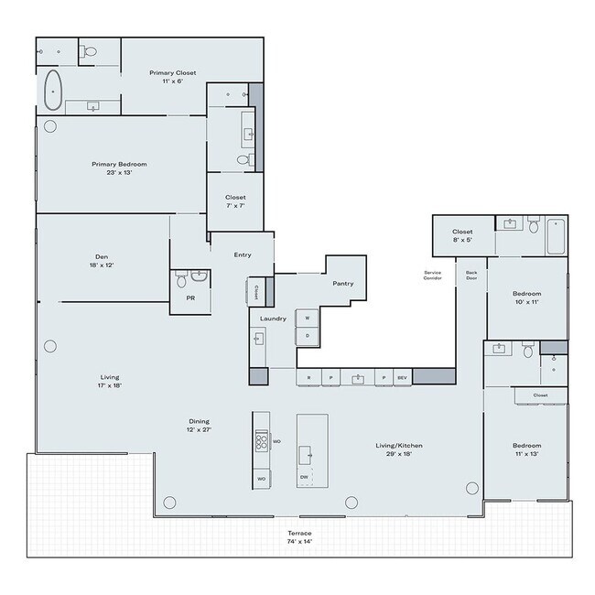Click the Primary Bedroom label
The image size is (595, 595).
point(119,168)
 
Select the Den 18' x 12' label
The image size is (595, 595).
point(101,261)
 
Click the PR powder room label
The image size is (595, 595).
point(189,298)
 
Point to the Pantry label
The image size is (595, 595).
point(343,284)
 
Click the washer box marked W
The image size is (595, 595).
point(307,319)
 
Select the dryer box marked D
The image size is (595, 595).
point(307,335)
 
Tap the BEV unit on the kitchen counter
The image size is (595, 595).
point(401,377)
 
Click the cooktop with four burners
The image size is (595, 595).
point(261,441)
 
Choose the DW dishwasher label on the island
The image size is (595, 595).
point(303,477)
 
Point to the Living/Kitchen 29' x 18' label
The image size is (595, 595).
point(398,449)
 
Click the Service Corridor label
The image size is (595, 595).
point(433,275)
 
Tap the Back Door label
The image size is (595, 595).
point(471,275)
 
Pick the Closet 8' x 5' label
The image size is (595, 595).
point(462,235)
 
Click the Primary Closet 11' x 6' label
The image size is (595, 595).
point(173,76)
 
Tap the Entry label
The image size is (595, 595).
point(242,254)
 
